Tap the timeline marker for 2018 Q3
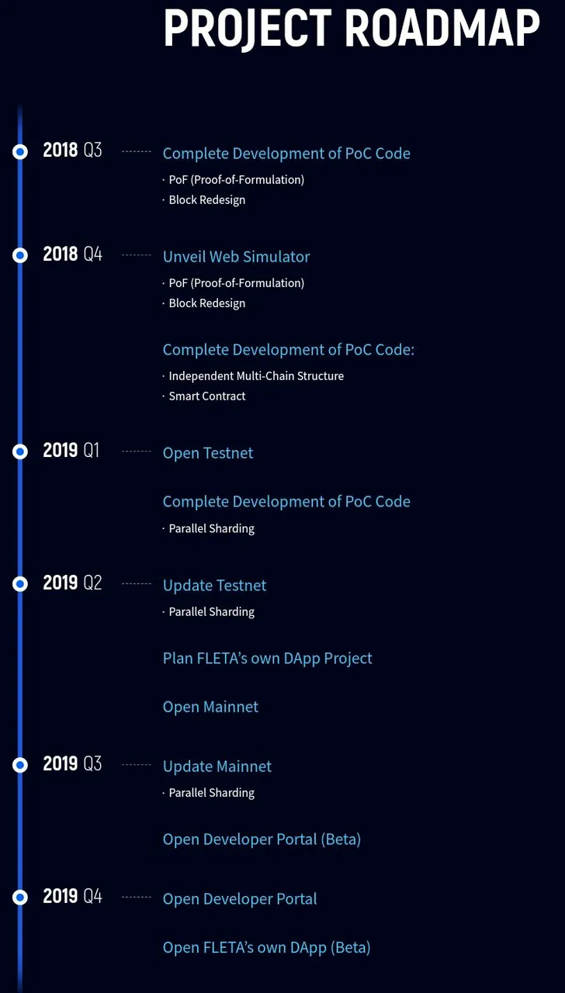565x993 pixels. pyautogui.click(x=20, y=151)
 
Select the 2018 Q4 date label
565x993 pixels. pyautogui.click(x=73, y=254)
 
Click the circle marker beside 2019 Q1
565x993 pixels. pyautogui.click(x=20, y=452)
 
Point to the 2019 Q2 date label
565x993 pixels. pyautogui.click(x=72, y=583)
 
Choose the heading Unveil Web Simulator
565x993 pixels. pyautogui.click(x=237, y=257)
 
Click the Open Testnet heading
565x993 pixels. pyautogui.click(x=208, y=453)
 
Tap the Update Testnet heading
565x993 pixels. pyautogui.click(x=215, y=585)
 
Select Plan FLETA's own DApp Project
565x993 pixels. pyautogui.click(x=268, y=659)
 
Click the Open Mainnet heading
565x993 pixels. pyautogui.click(x=210, y=707)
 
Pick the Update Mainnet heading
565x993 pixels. pyautogui.click(x=217, y=766)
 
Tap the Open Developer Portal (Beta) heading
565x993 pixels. pyautogui.click(x=262, y=839)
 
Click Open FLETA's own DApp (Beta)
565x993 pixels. pyautogui.click(x=266, y=947)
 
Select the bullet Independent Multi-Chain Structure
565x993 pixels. pyautogui.click(x=256, y=376)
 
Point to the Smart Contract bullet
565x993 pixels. pyautogui.click(x=207, y=396)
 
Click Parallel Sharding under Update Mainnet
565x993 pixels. pyautogui.click(x=212, y=793)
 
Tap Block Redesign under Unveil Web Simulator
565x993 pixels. pyautogui.click(x=207, y=303)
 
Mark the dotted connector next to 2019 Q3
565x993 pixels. pyautogui.click(x=137, y=765)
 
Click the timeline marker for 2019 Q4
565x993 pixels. pyautogui.click(x=20, y=898)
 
